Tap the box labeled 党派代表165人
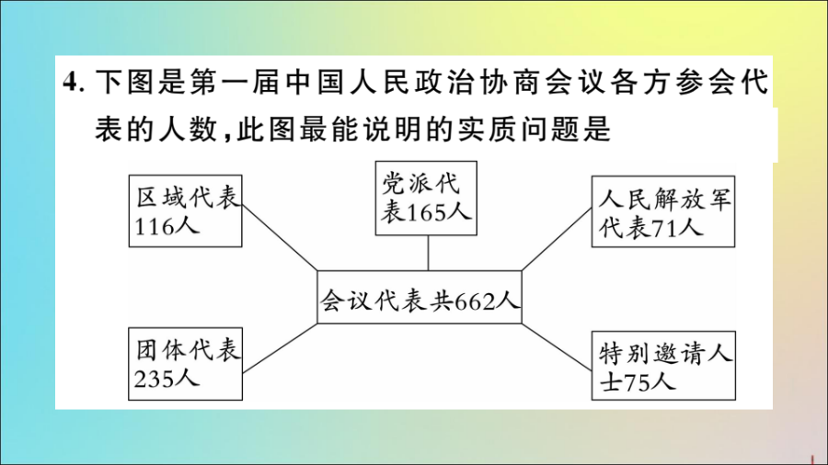click(x=427, y=197)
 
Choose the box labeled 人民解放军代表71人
click(x=663, y=213)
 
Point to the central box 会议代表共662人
click(x=420, y=298)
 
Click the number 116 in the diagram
click(x=154, y=226)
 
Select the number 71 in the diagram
click(x=667, y=227)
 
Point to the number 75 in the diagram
click(x=637, y=381)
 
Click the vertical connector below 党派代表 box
click(x=428, y=250)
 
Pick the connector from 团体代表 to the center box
click(x=280, y=345)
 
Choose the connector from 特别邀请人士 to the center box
click(x=557, y=345)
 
